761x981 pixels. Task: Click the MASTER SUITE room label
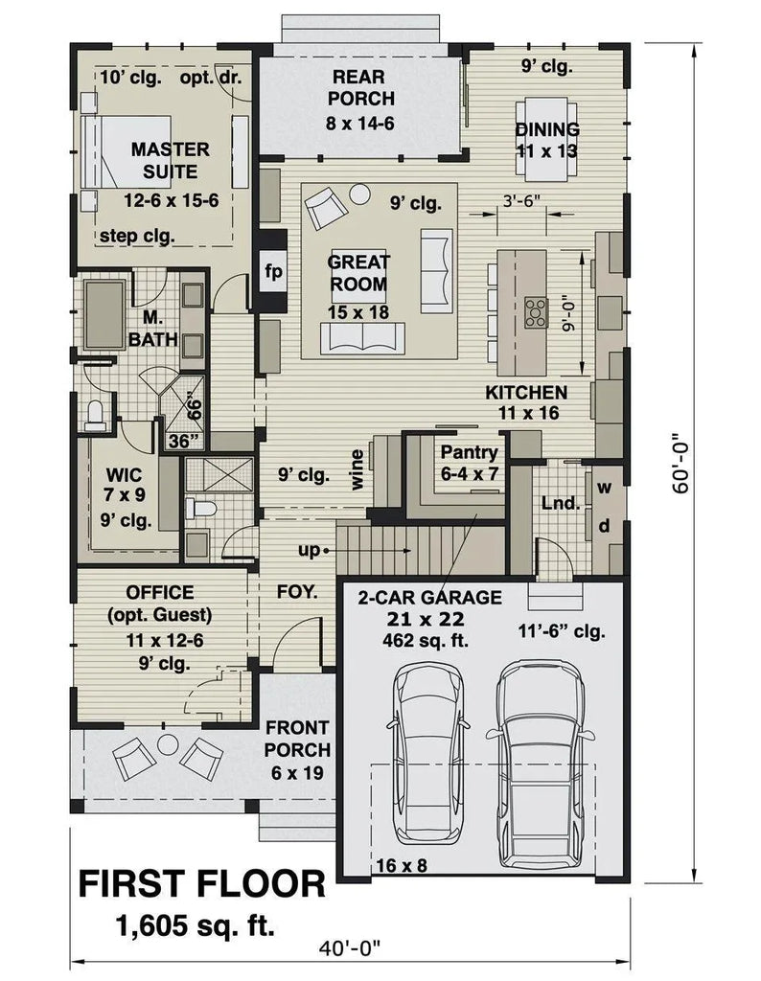[x=171, y=161]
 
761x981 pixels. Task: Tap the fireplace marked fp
[x=273, y=272]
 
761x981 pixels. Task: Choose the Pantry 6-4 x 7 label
[x=469, y=463]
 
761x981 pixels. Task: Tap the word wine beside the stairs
[x=357, y=469]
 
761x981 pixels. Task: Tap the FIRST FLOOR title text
[x=201, y=882]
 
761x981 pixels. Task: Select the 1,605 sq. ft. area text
[x=195, y=925]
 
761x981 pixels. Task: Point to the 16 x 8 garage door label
[x=402, y=863]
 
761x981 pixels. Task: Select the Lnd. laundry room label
[x=560, y=502]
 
